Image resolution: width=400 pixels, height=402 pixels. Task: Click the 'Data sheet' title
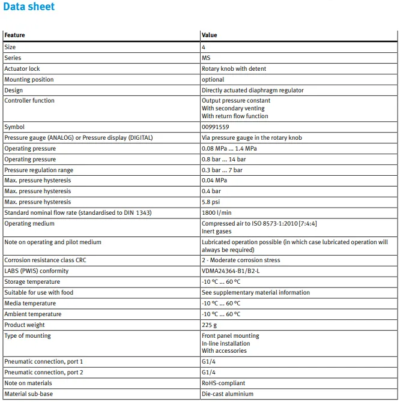pyautogui.click(x=28, y=7)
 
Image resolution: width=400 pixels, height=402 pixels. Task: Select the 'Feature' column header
pyautogui.click(x=15, y=35)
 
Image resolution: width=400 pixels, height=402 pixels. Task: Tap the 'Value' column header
pyautogui.click(x=210, y=35)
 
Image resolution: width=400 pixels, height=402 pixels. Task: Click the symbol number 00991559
pyautogui.click(x=216, y=127)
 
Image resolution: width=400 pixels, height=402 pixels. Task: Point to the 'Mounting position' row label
pyautogui.click(x=29, y=80)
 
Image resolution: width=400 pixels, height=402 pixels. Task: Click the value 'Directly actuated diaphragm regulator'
pyautogui.click(x=253, y=91)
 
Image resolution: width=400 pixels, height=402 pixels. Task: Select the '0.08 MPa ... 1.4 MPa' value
pyautogui.click(x=229, y=149)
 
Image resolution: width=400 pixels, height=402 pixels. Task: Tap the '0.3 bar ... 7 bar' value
pyautogui.click(x=222, y=170)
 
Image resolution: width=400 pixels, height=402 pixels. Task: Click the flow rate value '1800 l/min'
pyautogui.click(x=217, y=213)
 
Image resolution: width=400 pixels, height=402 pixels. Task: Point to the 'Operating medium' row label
pyautogui.click(x=29, y=224)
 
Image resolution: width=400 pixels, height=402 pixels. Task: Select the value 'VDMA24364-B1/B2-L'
pyautogui.click(x=231, y=271)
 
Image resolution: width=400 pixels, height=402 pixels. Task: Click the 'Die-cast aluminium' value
pyautogui.click(x=228, y=394)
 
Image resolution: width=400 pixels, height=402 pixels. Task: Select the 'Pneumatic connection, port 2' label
pyautogui.click(x=44, y=373)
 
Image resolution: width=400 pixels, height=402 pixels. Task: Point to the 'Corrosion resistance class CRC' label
pyautogui.click(x=44, y=260)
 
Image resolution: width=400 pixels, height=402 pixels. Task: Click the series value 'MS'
pyautogui.click(x=206, y=58)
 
